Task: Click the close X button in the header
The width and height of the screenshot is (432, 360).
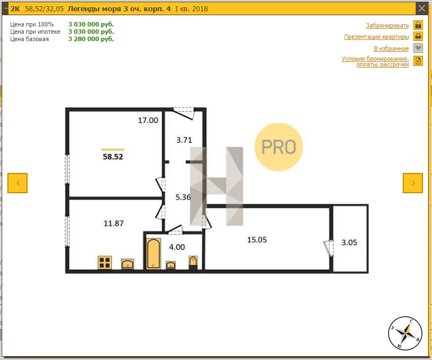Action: pyautogui.click(x=421, y=8)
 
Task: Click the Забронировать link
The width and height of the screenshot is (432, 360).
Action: pyautogui.click(x=388, y=25)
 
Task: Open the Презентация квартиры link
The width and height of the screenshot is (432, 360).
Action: pyautogui.click(x=376, y=37)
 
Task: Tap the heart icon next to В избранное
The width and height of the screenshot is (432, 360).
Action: pyautogui.click(x=418, y=48)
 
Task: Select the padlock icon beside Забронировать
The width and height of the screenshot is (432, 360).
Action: pyautogui.click(x=418, y=25)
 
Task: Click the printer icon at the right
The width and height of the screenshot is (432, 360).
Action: pyautogui.click(x=418, y=37)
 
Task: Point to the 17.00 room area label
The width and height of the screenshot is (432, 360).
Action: pyautogui.click(x=148, y=120)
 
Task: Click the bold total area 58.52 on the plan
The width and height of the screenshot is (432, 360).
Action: pyautogui.click(x=113, y=157)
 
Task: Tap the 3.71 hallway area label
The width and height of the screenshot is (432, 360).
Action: pyautogui.click(x=184, y=140)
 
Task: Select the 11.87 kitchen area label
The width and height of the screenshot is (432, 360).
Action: pyautogui.click(x=114, y=223)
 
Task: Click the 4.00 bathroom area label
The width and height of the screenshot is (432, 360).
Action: pyautogui.click(x=177, y=247)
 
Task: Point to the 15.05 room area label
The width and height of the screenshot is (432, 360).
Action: pyautogui.click(x=257, y=240)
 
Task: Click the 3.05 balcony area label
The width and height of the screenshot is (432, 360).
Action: pyautogui.click(x=349, y=243)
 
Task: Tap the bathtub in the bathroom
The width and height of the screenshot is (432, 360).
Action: pyautogui.click(x=153, y=254)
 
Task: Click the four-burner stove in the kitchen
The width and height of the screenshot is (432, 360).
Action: pyautogui.click(x=105, y=263)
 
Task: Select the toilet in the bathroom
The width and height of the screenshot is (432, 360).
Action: pyautogui.click(x=193, y=262)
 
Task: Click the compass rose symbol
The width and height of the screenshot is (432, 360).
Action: pyautogui.click(x=405, y=333)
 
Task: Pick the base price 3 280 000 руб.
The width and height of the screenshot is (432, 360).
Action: pyautogui.click(x=91, y=39)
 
